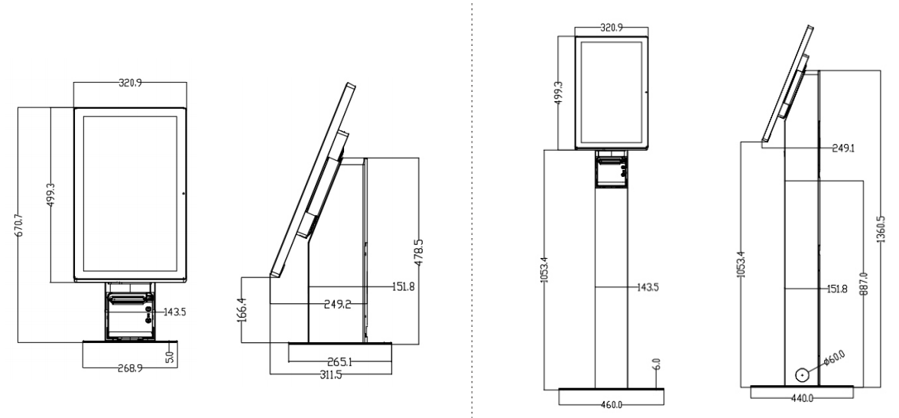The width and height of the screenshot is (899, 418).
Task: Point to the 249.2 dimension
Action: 337,305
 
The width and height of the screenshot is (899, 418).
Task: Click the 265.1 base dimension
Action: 341,361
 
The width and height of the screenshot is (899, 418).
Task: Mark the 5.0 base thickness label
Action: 170,357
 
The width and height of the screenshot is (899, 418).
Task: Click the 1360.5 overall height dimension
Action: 881,229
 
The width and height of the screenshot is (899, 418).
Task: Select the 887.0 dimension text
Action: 864,283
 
